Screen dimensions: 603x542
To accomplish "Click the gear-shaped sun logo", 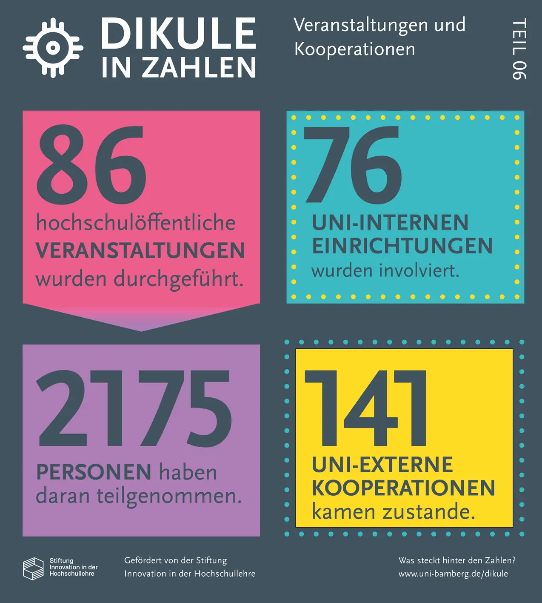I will (53, 48).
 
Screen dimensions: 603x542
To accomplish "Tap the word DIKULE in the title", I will (178, 33).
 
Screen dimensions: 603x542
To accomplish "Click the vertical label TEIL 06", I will (519, 49).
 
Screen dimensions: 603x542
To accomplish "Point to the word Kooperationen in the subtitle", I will (355, 49).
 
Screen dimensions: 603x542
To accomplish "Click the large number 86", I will (92, 164).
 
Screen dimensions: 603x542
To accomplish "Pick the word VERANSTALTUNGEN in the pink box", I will (140, 250).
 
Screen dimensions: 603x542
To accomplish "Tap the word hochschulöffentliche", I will (136, 223).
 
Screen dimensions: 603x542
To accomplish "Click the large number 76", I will (353, 164).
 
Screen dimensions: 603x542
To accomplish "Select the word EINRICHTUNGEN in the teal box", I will (402, 246).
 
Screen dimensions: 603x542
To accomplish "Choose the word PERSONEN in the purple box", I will (94, 472).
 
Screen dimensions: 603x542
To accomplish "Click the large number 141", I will (366, 408).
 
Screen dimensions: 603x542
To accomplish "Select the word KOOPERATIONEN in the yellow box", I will (403, 488).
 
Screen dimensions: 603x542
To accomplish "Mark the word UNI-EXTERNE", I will (382, 465).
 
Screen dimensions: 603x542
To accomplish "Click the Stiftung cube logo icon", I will (33, 569).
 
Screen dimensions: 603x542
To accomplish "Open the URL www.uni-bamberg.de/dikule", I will (453, 574).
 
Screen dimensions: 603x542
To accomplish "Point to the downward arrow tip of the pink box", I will (141, 329).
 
